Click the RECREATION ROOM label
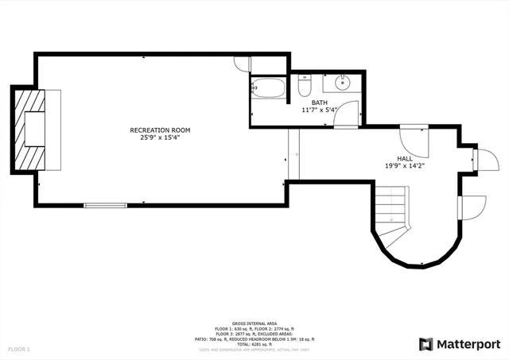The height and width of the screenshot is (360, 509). click(160, 130)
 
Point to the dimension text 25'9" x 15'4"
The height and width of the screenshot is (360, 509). click(160, 137)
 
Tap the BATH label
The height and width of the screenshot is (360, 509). click(319, 103)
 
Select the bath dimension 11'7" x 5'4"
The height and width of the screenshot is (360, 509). click(319, 110)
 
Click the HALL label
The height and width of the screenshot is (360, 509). click(405, 158)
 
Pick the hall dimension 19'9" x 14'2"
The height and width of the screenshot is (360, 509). click(405, 166)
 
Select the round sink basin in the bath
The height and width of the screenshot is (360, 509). click(343, 81)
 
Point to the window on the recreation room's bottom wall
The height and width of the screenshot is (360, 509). click(106, 205)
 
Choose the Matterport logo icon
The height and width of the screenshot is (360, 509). click(426, 343)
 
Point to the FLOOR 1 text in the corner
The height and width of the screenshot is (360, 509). click(19, 349)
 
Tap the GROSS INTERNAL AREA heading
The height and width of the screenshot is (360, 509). click(254, 323)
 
